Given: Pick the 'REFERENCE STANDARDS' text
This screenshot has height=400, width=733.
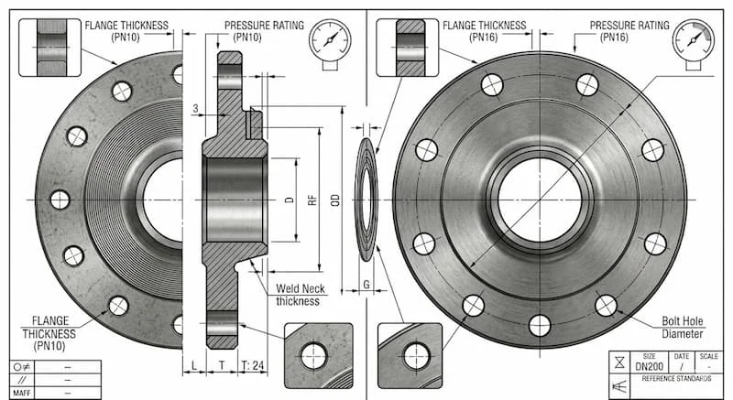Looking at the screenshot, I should tap(677, 378).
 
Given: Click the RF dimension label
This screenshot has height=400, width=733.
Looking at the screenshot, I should tap(312, 200).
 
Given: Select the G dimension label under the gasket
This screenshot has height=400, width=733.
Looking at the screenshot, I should tap(366, 285).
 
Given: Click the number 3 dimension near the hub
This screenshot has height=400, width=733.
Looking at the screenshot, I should tap(196, 109).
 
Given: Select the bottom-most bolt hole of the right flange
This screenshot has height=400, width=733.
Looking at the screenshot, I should tap(540, 323).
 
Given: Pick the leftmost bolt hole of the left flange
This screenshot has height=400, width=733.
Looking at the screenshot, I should tap(60, 199).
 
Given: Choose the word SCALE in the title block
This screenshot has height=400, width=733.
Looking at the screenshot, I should tap(708, 356).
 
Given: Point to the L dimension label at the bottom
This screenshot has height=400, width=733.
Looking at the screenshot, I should tap(195, 365).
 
